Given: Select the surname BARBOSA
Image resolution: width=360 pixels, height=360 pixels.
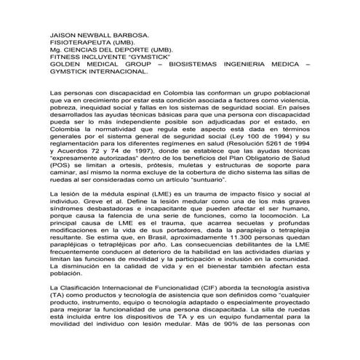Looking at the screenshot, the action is (127, 35).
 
